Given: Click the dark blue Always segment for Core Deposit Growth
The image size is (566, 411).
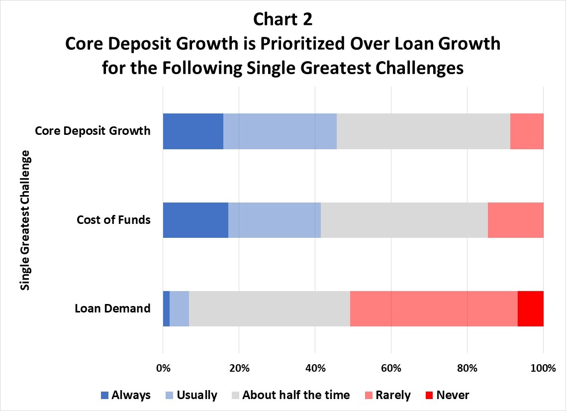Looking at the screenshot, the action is [193, 131].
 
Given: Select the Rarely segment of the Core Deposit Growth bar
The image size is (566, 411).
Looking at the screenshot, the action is [527, 131].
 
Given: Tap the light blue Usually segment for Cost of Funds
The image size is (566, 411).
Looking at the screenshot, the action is [275, 220].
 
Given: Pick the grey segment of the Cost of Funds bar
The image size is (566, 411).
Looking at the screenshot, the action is [404, 220].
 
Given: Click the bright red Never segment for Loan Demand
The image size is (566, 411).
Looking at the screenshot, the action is [531, 309].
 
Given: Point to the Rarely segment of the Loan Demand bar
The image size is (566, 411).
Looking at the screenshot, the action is [434, 309].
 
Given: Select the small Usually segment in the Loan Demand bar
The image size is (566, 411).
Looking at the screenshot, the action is [180, 309].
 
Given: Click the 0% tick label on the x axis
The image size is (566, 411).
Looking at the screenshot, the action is [163, 368].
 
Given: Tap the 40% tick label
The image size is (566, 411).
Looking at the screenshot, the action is [315, 368].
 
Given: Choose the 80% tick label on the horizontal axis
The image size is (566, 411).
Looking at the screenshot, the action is [468, 368].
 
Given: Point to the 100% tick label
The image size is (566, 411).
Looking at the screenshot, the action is [544, 368].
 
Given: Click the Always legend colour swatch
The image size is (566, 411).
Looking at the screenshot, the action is [104, 395].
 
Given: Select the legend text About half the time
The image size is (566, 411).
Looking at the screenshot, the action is [296, 395].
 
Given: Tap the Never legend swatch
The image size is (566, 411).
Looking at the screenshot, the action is [429, 395].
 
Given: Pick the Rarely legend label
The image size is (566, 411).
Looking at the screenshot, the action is [393, 396].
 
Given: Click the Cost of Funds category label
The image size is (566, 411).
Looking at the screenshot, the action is [114, 220].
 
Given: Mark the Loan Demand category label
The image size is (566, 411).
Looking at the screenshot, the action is [112, 309].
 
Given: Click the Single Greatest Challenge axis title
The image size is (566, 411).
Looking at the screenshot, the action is [25, 220].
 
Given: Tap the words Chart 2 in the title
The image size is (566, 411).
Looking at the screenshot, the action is [283, 19].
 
